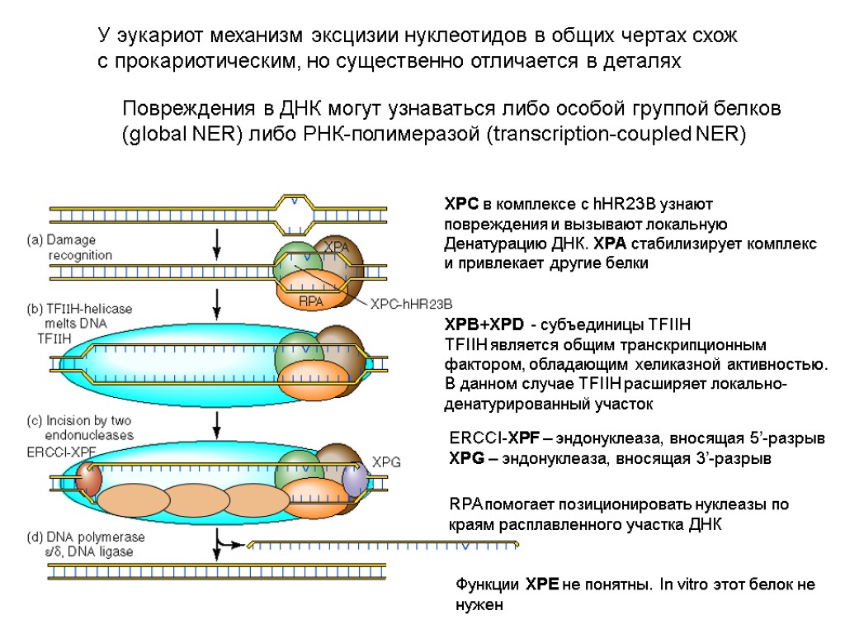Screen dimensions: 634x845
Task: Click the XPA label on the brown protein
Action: pyautogui.click(x=335, y=247)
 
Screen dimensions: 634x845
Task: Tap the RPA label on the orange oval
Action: pyautogui.click(x=311, y=300)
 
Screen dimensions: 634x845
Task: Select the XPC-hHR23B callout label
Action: pyautogui.click(x=412, y=305)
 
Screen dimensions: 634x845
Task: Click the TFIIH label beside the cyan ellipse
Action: pyautogui.click(x=54, y=338)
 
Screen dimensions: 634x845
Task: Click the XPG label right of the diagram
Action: pyautogui.click(x=386, y=462)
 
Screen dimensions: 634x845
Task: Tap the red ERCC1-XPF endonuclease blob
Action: pyautogui.click(x=89, y=478)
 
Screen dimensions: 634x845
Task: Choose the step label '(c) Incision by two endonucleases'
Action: pyautogui.click(x=80, y=428)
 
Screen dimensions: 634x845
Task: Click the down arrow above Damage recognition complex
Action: pyautogui.click(x=217, y=242)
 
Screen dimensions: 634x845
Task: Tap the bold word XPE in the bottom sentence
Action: pyautogui.click(x=542, y=584)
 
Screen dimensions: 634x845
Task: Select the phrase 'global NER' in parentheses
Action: pyautogui.click(x=181, y=135)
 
